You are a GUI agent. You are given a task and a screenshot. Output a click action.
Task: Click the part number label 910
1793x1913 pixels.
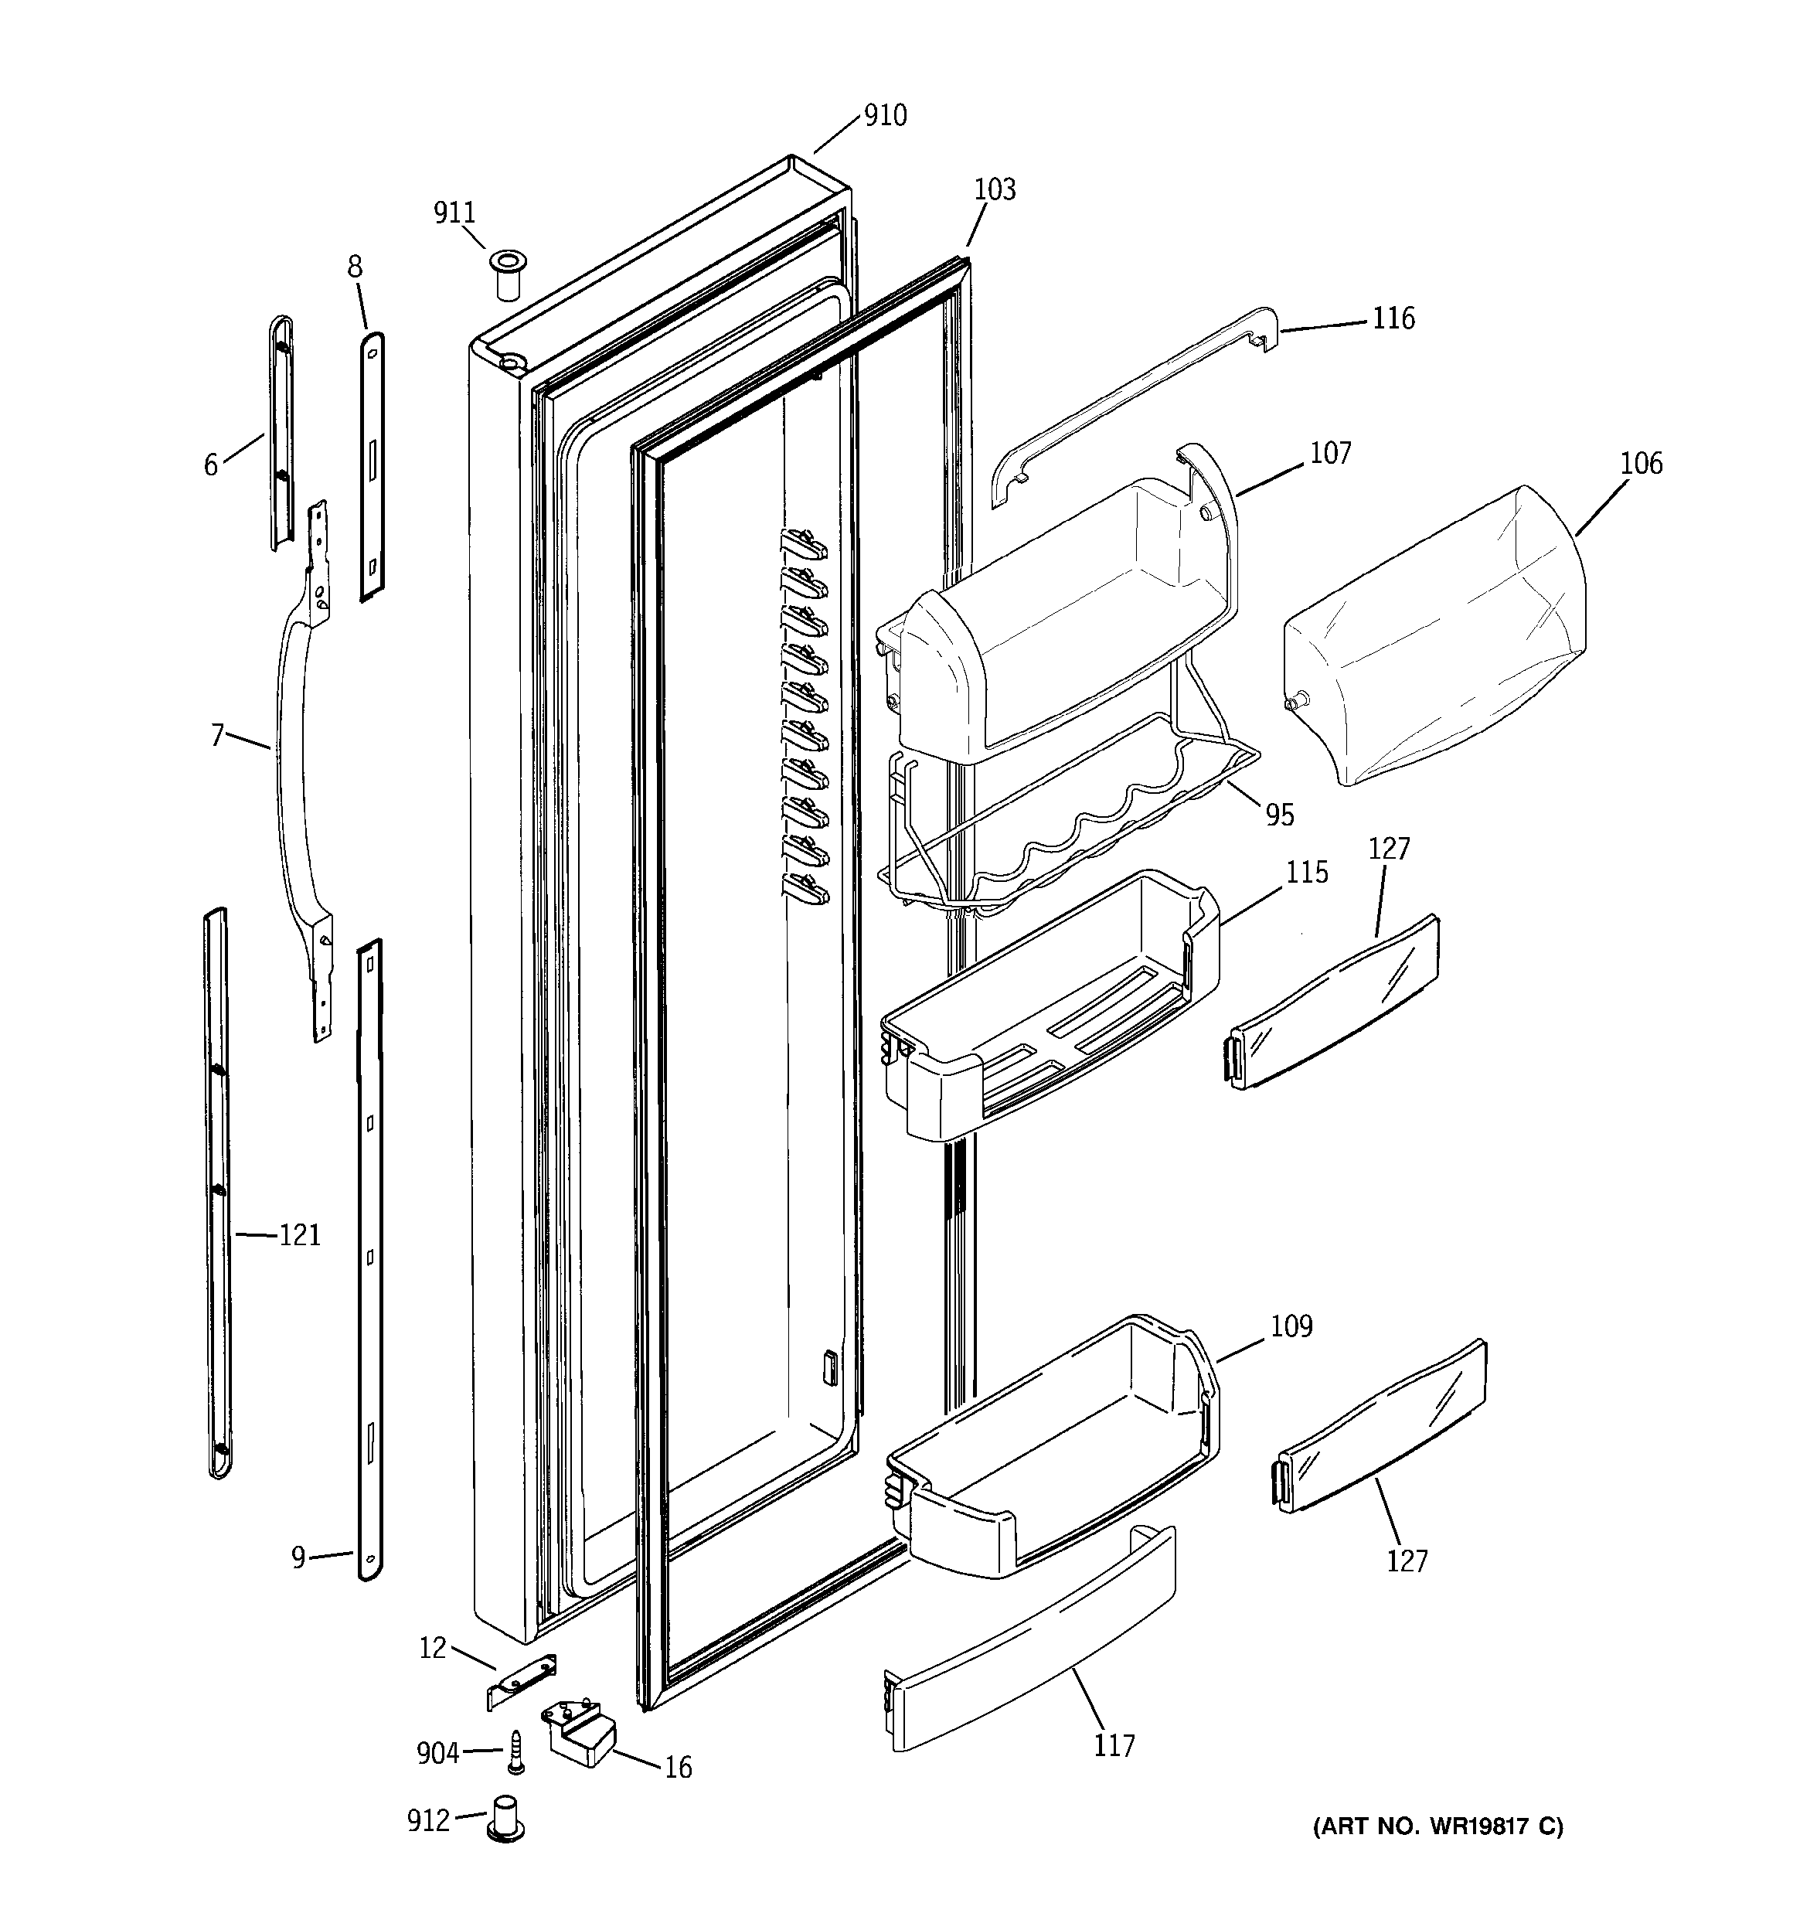pos(884,115)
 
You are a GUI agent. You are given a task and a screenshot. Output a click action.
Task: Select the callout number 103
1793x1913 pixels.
pos(994,189)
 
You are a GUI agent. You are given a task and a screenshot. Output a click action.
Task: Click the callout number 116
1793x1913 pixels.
pos(1393,318)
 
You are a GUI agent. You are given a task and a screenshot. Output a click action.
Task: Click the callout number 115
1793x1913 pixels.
pos(1307,873)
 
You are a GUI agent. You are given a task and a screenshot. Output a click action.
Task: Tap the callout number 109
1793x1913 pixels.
pos(1291,1327)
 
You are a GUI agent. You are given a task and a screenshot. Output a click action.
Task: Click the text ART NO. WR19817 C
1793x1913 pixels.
pos(1437,1826)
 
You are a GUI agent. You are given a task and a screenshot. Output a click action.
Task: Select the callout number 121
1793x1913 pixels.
pos(299,1234)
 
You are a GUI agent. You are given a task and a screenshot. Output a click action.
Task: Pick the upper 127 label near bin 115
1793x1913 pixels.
pos(1389,849)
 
